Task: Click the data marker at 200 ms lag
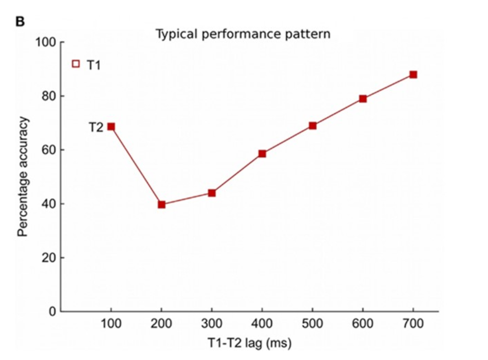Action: [161, 204]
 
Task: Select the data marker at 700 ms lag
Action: [413, 75]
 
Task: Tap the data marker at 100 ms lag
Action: [111, 127]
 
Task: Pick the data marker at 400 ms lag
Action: [262, 153]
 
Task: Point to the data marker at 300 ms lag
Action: [212, 193]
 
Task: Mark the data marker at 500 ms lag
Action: [313, 125]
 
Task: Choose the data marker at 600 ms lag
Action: [363, 99]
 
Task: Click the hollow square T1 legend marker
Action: [76, 64]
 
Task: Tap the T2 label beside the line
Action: [96, 127]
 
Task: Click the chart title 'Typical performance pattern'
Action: [243, 34]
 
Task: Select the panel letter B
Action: [21, 22]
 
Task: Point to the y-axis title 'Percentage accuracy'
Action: [22, 177]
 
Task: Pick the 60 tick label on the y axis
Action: [49, 150]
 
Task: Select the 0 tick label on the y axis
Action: [52, 311]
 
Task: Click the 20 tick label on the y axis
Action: [49, 258]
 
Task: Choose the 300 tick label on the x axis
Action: [212, 324]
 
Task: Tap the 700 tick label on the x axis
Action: [413, 324]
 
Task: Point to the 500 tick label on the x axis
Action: [313, 324]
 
